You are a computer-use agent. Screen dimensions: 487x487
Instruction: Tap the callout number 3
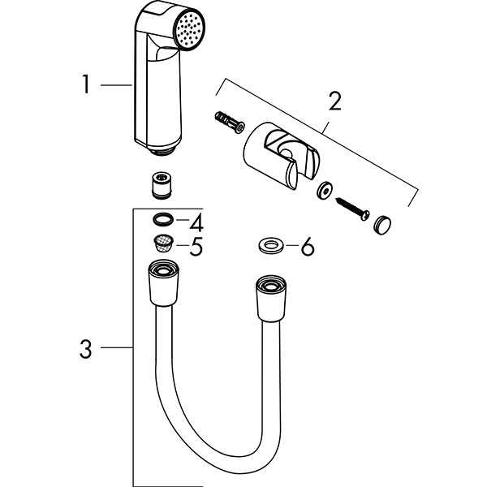point(86,350)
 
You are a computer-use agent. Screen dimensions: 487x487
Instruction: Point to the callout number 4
point(196,221)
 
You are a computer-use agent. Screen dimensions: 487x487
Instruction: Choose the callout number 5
point(196,246)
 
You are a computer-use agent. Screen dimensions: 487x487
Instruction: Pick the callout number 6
point(306,246)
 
